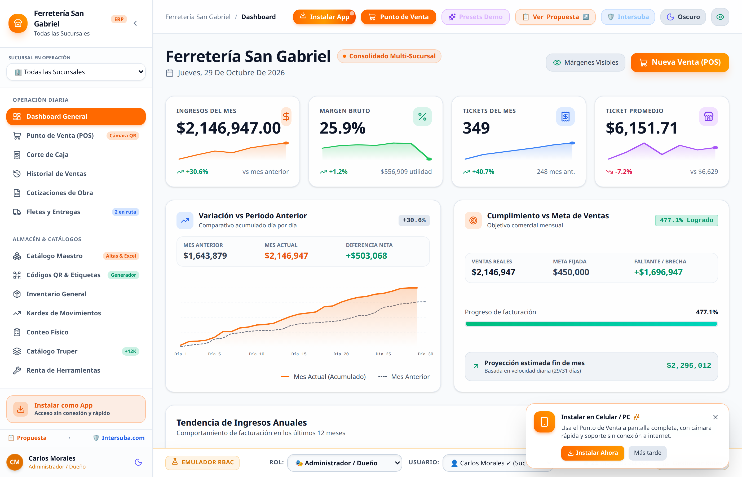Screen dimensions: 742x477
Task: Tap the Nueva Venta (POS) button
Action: point(680,62)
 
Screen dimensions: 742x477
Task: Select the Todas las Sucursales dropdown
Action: point(76,72)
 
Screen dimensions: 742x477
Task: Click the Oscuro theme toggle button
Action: point(683,17)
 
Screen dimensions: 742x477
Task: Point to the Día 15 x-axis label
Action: point(299,354)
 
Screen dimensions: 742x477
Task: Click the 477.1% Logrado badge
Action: point(686,220)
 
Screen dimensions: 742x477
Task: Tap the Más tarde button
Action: point(647,453)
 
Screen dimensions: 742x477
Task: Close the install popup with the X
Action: point(715,417)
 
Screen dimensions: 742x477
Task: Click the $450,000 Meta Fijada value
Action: point(571,272)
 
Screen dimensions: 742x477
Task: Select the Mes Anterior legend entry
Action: point(404,377)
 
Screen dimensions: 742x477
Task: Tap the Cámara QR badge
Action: point(123,136)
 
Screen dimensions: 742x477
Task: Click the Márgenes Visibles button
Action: point(585,63)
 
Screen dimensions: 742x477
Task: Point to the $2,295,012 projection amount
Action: point(689,365)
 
